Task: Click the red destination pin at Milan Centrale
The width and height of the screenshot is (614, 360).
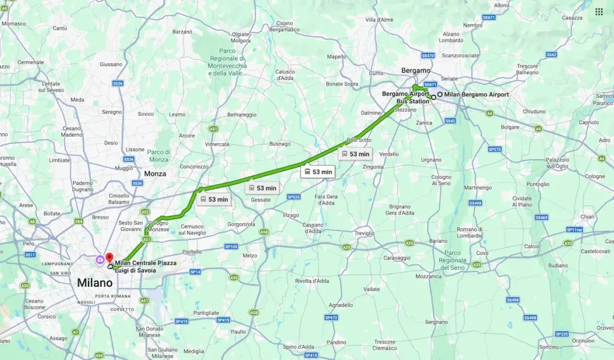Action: click(x=109, y=258)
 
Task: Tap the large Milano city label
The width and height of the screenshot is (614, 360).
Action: click(x=95, y=283)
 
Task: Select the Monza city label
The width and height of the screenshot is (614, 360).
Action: click(x=155, y=173)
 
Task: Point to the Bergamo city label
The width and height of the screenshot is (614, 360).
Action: click(x=416, y=70)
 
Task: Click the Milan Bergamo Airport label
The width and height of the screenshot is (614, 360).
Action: click(x=476, y=95)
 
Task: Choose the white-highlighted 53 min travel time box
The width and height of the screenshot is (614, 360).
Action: click(x=317, y=172)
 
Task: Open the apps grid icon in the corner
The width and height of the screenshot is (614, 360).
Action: click(x=598, y=11)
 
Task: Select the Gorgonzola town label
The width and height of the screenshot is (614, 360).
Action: click(x=242, y=224)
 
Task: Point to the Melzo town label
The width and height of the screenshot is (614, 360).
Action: click(x=250, y=256)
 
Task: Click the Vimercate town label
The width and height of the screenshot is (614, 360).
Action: click(x=217, y=144)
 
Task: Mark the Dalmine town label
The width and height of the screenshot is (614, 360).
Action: click(x=371, y=112)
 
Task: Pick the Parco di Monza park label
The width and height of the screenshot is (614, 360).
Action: click(x=159, y=155)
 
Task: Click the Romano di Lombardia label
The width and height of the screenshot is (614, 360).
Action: click(x=470, y=233)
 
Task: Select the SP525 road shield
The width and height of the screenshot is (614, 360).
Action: click(x=293, y=197)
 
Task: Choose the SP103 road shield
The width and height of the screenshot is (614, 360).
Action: click(x=231, y=247)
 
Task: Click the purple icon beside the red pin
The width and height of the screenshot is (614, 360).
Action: click(x=99, y=259)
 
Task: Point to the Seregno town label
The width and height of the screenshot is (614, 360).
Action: click(x=112, y=112)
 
